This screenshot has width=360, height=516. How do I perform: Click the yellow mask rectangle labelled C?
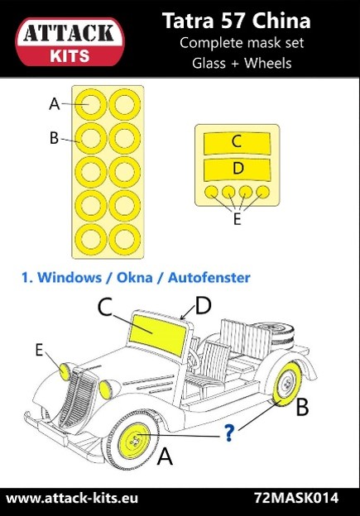[x=236, y=142]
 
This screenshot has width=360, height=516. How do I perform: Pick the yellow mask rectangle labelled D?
[x=236, y=170]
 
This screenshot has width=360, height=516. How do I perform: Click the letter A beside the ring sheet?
[x=55, y=104]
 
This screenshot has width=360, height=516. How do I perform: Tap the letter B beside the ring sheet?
[x=54, y=138]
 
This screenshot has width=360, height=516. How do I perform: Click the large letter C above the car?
[x=105, y=307]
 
